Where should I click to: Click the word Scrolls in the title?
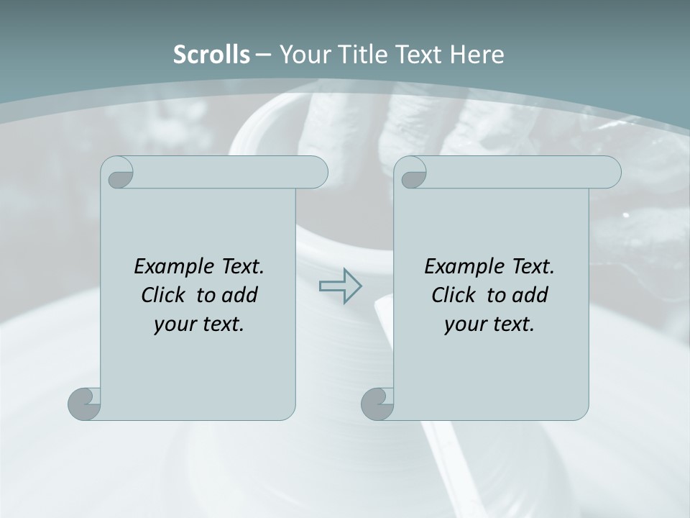tap(211, 55)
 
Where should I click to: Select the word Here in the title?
tap(477, 55)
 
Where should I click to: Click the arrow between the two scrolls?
tap(340, 286)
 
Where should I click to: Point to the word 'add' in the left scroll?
tap(241, 295)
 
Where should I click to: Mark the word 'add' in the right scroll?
tap(531, 295)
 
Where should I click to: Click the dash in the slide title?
tap(263, 55)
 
